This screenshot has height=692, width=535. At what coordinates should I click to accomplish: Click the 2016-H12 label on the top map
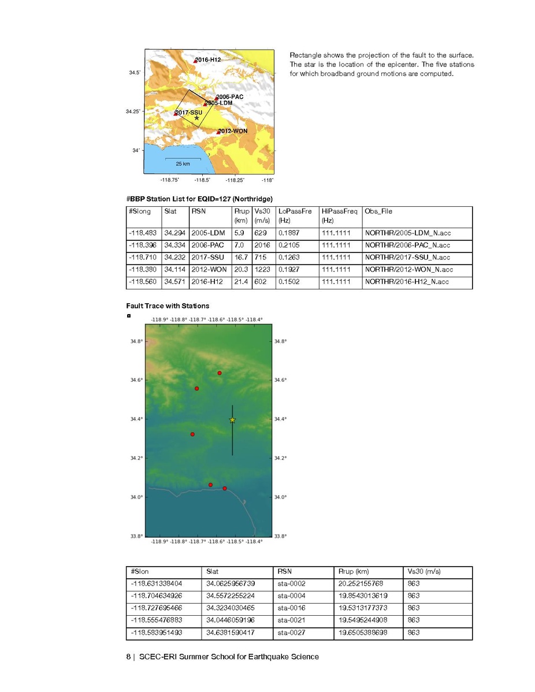point(208,59)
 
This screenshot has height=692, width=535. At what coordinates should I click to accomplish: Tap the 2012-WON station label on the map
point(233,131)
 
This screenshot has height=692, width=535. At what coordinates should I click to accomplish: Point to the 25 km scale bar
point(183,158)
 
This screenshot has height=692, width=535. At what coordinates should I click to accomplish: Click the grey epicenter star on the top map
point(197,118)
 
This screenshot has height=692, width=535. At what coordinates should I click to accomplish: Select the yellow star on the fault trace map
point(232,420)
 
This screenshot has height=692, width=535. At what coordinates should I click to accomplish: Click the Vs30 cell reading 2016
point(262,245)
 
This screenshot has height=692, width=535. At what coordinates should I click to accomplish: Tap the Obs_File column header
point(378,211)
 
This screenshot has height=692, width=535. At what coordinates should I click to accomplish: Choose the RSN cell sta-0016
point(292,608)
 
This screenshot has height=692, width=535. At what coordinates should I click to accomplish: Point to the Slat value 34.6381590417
point(231,633)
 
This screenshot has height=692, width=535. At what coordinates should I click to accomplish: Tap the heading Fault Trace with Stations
point(168,306)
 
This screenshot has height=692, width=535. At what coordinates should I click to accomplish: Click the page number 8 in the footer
point(129,657)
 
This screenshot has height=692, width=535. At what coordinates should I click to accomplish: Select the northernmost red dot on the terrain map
point(220,373)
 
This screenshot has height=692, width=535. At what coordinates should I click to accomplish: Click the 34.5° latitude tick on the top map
point(134,73)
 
